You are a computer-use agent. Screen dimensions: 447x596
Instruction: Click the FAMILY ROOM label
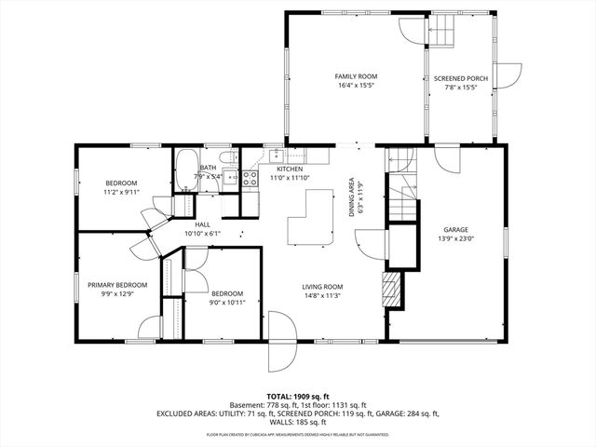coord(356,76)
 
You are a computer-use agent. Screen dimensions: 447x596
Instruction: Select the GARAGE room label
coord(454,230)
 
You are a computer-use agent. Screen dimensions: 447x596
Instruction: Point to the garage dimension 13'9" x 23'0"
coord(454,239)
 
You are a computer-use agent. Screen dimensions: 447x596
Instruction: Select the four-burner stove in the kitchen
coord(250,178)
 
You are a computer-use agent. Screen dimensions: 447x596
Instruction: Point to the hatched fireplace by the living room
coord(393,290)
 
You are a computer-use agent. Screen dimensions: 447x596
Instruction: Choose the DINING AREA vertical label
coord(352,196)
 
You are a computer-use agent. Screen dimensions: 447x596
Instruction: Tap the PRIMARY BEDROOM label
coord(117,285)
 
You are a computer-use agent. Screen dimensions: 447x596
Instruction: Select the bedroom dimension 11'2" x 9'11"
coord(121,192)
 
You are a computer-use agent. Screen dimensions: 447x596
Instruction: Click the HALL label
coord(202,224)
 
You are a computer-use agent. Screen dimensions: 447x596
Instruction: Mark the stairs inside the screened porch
coord(441,34)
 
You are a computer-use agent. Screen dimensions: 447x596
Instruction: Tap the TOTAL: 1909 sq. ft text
coord(298,397)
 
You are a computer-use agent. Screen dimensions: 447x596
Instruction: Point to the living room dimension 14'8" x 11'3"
coord(322,296)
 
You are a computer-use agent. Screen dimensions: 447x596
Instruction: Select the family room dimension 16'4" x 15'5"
coord(356,86)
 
